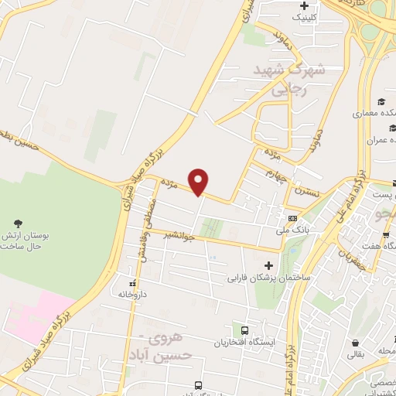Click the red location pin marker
200,182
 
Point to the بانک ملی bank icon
293,219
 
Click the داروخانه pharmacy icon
131,283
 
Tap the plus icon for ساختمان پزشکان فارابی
268,265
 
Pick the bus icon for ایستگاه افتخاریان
245,329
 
